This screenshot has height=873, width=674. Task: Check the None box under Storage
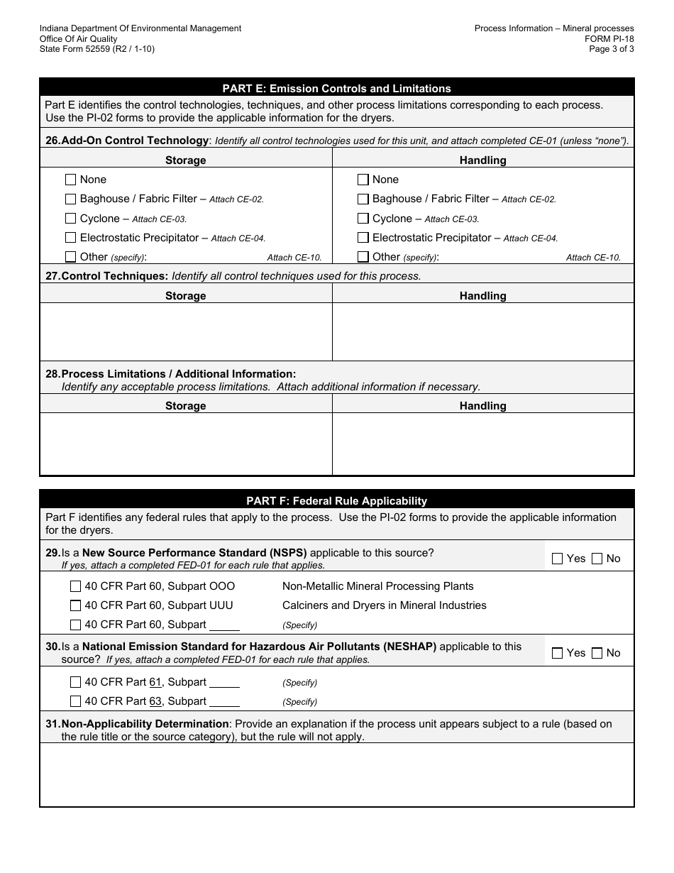coord(70,180)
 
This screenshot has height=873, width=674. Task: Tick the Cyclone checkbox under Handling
coord(363,219)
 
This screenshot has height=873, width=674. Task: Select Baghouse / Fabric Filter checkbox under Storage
coord(70,199)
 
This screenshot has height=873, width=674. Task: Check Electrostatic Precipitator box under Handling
coord(363,238)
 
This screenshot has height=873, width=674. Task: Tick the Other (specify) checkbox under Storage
coord(70,257)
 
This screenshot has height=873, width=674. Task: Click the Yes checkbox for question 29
coord(557,559)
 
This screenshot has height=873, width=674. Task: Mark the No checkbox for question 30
coord(597,653)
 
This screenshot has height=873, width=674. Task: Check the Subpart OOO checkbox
coord(75,586)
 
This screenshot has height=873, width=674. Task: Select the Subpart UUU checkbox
coord(75,605)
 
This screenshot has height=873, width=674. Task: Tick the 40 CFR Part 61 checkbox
coord(75,682)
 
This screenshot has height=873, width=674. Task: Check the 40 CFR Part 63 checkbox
coord(75,701)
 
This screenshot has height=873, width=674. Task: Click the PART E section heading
coord(336,89)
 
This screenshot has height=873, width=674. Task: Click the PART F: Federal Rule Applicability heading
coord(336,500)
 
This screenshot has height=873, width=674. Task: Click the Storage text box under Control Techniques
coord(186,331)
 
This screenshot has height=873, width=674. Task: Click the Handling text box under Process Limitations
coord(482,444)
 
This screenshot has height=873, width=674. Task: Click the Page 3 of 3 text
coord(612,49)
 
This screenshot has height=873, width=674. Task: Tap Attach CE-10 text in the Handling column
coord(593,258)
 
